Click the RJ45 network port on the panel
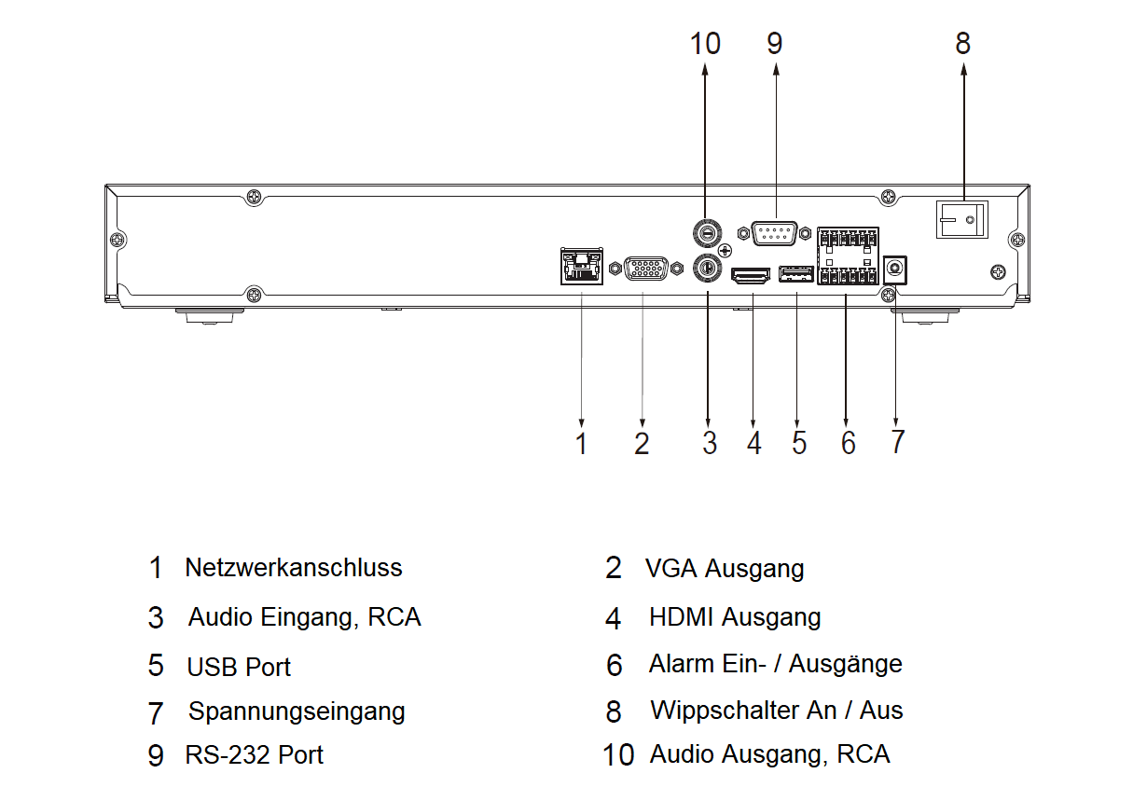coord(580,266)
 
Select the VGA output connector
coord(643,269)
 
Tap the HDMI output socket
coord(751,275)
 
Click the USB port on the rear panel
coord(796,274)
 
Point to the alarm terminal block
coord(847,256)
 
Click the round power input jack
coord(896,269)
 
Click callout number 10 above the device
coord(705,43)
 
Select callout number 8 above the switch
coord(962,43)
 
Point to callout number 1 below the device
coord(582,443)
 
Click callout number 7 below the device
coord(897,442)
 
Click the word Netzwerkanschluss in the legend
coord(293,567)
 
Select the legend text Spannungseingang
coord(297,711)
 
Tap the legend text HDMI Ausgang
coord(735,616)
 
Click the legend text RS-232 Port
coord(254,754)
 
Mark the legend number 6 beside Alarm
coord(614,665)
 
